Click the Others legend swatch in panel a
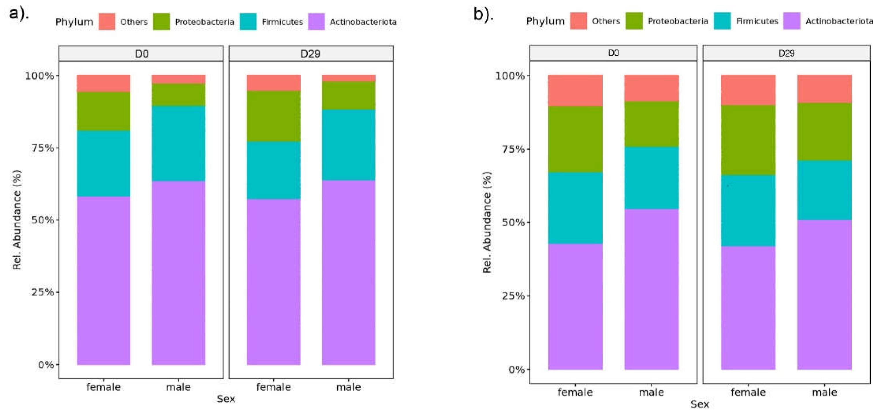click(107, 22)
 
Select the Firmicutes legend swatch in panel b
click(722, 21)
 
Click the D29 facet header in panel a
click(311, 54)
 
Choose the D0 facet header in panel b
click(613, 53)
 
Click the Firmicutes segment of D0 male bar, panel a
click(179, 144)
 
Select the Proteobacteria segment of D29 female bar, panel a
click(274, 116)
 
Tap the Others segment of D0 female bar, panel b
click(575, 91)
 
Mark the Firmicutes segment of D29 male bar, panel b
click(824, 190)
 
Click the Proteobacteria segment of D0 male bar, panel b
click(651, 124)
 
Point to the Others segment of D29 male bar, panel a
click(348, 78)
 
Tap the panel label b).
click(483, 14)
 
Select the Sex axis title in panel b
click(699, 404)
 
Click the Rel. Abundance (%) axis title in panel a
click(17, 220)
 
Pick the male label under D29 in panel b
click(824, 393)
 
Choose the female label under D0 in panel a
click(103, 387)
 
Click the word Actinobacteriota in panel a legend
click(363, 22)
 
